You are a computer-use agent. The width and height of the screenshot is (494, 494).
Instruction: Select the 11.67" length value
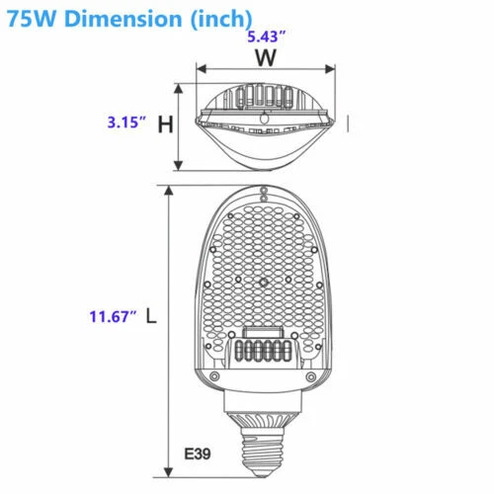coord(111,316)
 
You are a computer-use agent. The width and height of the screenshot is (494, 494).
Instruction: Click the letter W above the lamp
coord(265,57)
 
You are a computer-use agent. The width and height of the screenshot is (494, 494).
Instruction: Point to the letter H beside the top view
coord(166,124)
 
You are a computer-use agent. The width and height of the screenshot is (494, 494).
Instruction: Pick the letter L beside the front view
coord(150,317)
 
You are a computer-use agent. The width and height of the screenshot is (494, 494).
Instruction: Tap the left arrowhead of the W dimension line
coord(201,71)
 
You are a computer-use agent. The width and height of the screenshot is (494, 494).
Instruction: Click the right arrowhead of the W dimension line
coord(329,71)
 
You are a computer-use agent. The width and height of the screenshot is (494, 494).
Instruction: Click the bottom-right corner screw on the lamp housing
coord(310,378)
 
